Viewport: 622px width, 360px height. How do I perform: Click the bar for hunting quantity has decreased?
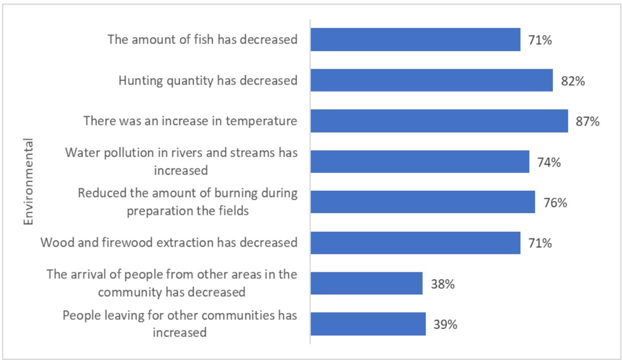pos(431,80)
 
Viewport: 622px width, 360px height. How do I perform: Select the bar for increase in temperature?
pos(439,121)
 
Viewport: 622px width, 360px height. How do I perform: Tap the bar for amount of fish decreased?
pos(415,40)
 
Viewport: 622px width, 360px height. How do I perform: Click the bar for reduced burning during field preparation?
pos(423,202)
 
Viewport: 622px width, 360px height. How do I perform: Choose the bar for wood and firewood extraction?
pos(415,243)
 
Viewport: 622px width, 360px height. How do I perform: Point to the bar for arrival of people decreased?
pos(367,284)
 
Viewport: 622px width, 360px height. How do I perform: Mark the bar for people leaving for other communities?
pos(368,324)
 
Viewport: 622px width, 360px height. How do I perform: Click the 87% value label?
pos(587,122)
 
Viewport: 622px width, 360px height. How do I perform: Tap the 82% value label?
pos(572,81)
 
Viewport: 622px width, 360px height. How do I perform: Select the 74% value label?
pos(548,162)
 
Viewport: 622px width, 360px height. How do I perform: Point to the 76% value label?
pos(554,203)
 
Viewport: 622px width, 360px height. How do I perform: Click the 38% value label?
pos(442,284)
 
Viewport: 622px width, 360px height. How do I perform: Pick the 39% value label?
pos(445,325)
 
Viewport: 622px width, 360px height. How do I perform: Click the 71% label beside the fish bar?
pos(540,40)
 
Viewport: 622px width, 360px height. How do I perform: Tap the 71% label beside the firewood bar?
pos(540,244)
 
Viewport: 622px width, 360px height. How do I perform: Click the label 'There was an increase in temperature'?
pos(191,121)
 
